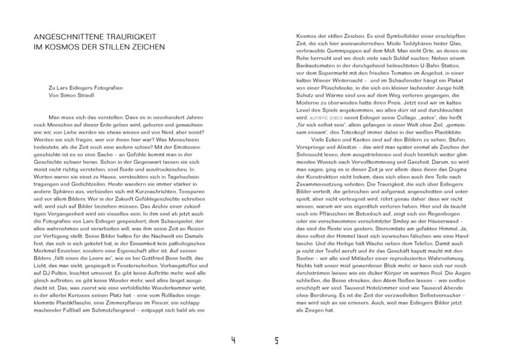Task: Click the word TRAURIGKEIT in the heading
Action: [129, 37]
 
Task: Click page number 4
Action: [233, 340]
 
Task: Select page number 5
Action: [277, 340]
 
